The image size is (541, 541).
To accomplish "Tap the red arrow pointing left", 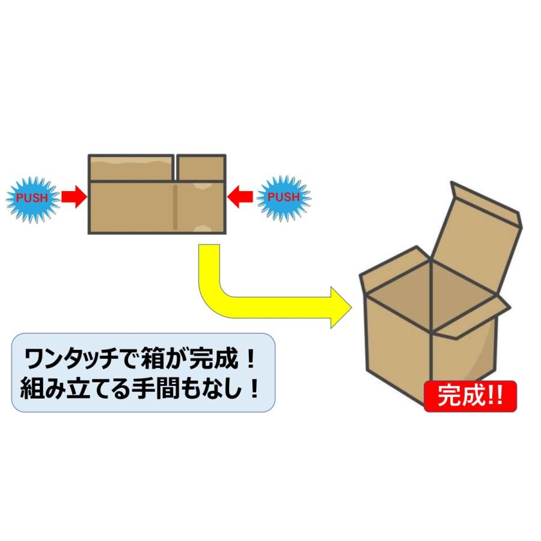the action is [x=241, y=196].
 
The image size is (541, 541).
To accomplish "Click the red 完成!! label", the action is [x=469, y=397].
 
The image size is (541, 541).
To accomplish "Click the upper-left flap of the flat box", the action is [x=131, y=167].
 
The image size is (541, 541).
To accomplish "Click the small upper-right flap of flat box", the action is [x=201, y=167].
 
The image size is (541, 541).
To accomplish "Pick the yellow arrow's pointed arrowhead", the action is [x=340, y=306].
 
